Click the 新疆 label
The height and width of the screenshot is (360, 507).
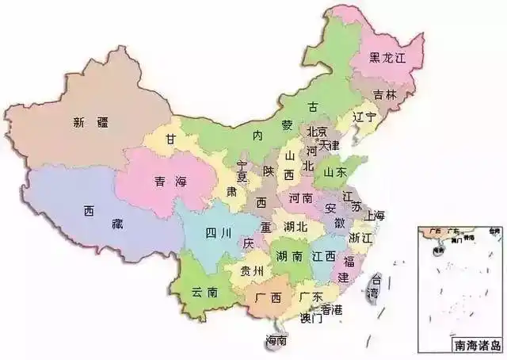pyautogui.click(x=90, y=122)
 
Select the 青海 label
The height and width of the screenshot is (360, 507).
pyautogui.click(x=165, y=182)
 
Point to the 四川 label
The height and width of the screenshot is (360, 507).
pyautogui.click(x=218, y=233)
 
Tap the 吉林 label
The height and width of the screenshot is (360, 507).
pyautogui.click(x=386, y=94)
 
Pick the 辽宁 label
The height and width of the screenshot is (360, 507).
pyautogui.click(x=364, y=117)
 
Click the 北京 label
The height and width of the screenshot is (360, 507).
pyautogui.click(x=317, y=132)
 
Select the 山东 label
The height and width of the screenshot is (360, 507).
pyautogui.click(x=335, y=171)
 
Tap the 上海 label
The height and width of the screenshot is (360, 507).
pyautogui.click(x=374, y=216)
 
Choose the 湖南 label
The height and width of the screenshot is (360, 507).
pyautogui.click(x=288, y=256)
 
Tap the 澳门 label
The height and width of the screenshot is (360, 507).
pyautogui.click(x=311, y=320)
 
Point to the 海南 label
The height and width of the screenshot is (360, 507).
pyautogui.click(x=276, y=341)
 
